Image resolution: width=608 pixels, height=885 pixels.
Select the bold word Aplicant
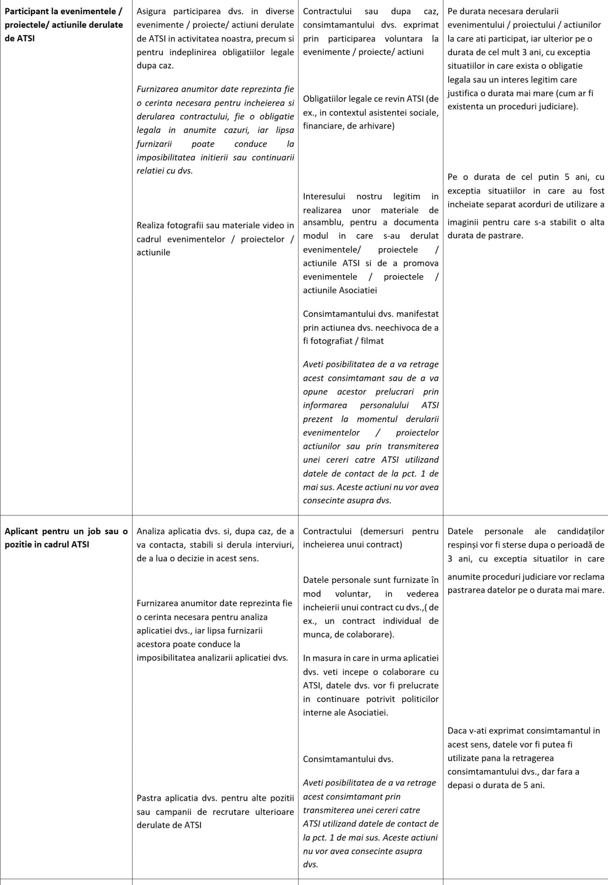(22, 531)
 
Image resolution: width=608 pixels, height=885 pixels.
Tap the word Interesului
(324, 196)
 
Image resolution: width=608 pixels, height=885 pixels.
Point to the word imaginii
(462, 222)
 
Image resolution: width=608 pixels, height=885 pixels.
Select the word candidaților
(581, 531)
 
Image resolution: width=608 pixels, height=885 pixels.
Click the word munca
(315, 634)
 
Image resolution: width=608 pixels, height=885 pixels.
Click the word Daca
(456, 731)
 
